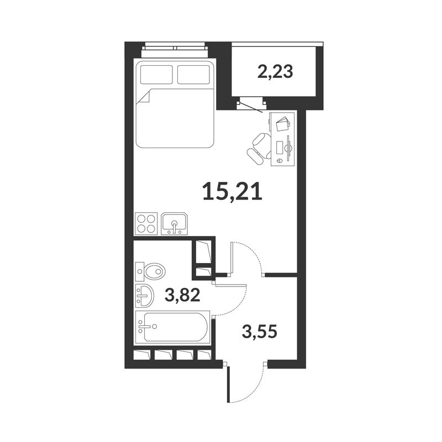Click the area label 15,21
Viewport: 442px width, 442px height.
click(x=233, y=191)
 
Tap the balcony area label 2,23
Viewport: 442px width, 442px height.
click(x=275, y=72)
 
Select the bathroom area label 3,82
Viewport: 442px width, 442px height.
click(x=182, y=295)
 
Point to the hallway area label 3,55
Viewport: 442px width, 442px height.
click(x=260, y=331)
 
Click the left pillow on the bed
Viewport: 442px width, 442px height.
click(x=156, y=75)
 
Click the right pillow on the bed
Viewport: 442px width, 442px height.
click(x=194, y=75)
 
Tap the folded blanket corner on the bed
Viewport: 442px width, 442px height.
click(x=144, y=98)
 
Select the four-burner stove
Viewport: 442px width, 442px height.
click(x=146, y=223)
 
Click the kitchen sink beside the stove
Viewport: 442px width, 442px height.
click(x=175, y=224)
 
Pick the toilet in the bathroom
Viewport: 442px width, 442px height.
click(x=150, y=272)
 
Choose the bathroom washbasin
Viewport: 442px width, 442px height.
click(x=145, y=296)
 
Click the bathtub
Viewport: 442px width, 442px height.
click(x=172, y=328)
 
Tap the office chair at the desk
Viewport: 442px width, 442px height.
click(x=259, y=148)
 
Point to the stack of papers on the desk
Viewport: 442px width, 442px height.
click(x=283, y=123)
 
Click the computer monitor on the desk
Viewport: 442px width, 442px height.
click(x=288, y=148)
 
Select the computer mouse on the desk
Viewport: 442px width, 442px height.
click(x=280, y=160)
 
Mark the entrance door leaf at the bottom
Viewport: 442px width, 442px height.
click(x=228, y=384)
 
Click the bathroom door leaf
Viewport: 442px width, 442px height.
click(x=230, y=285)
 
